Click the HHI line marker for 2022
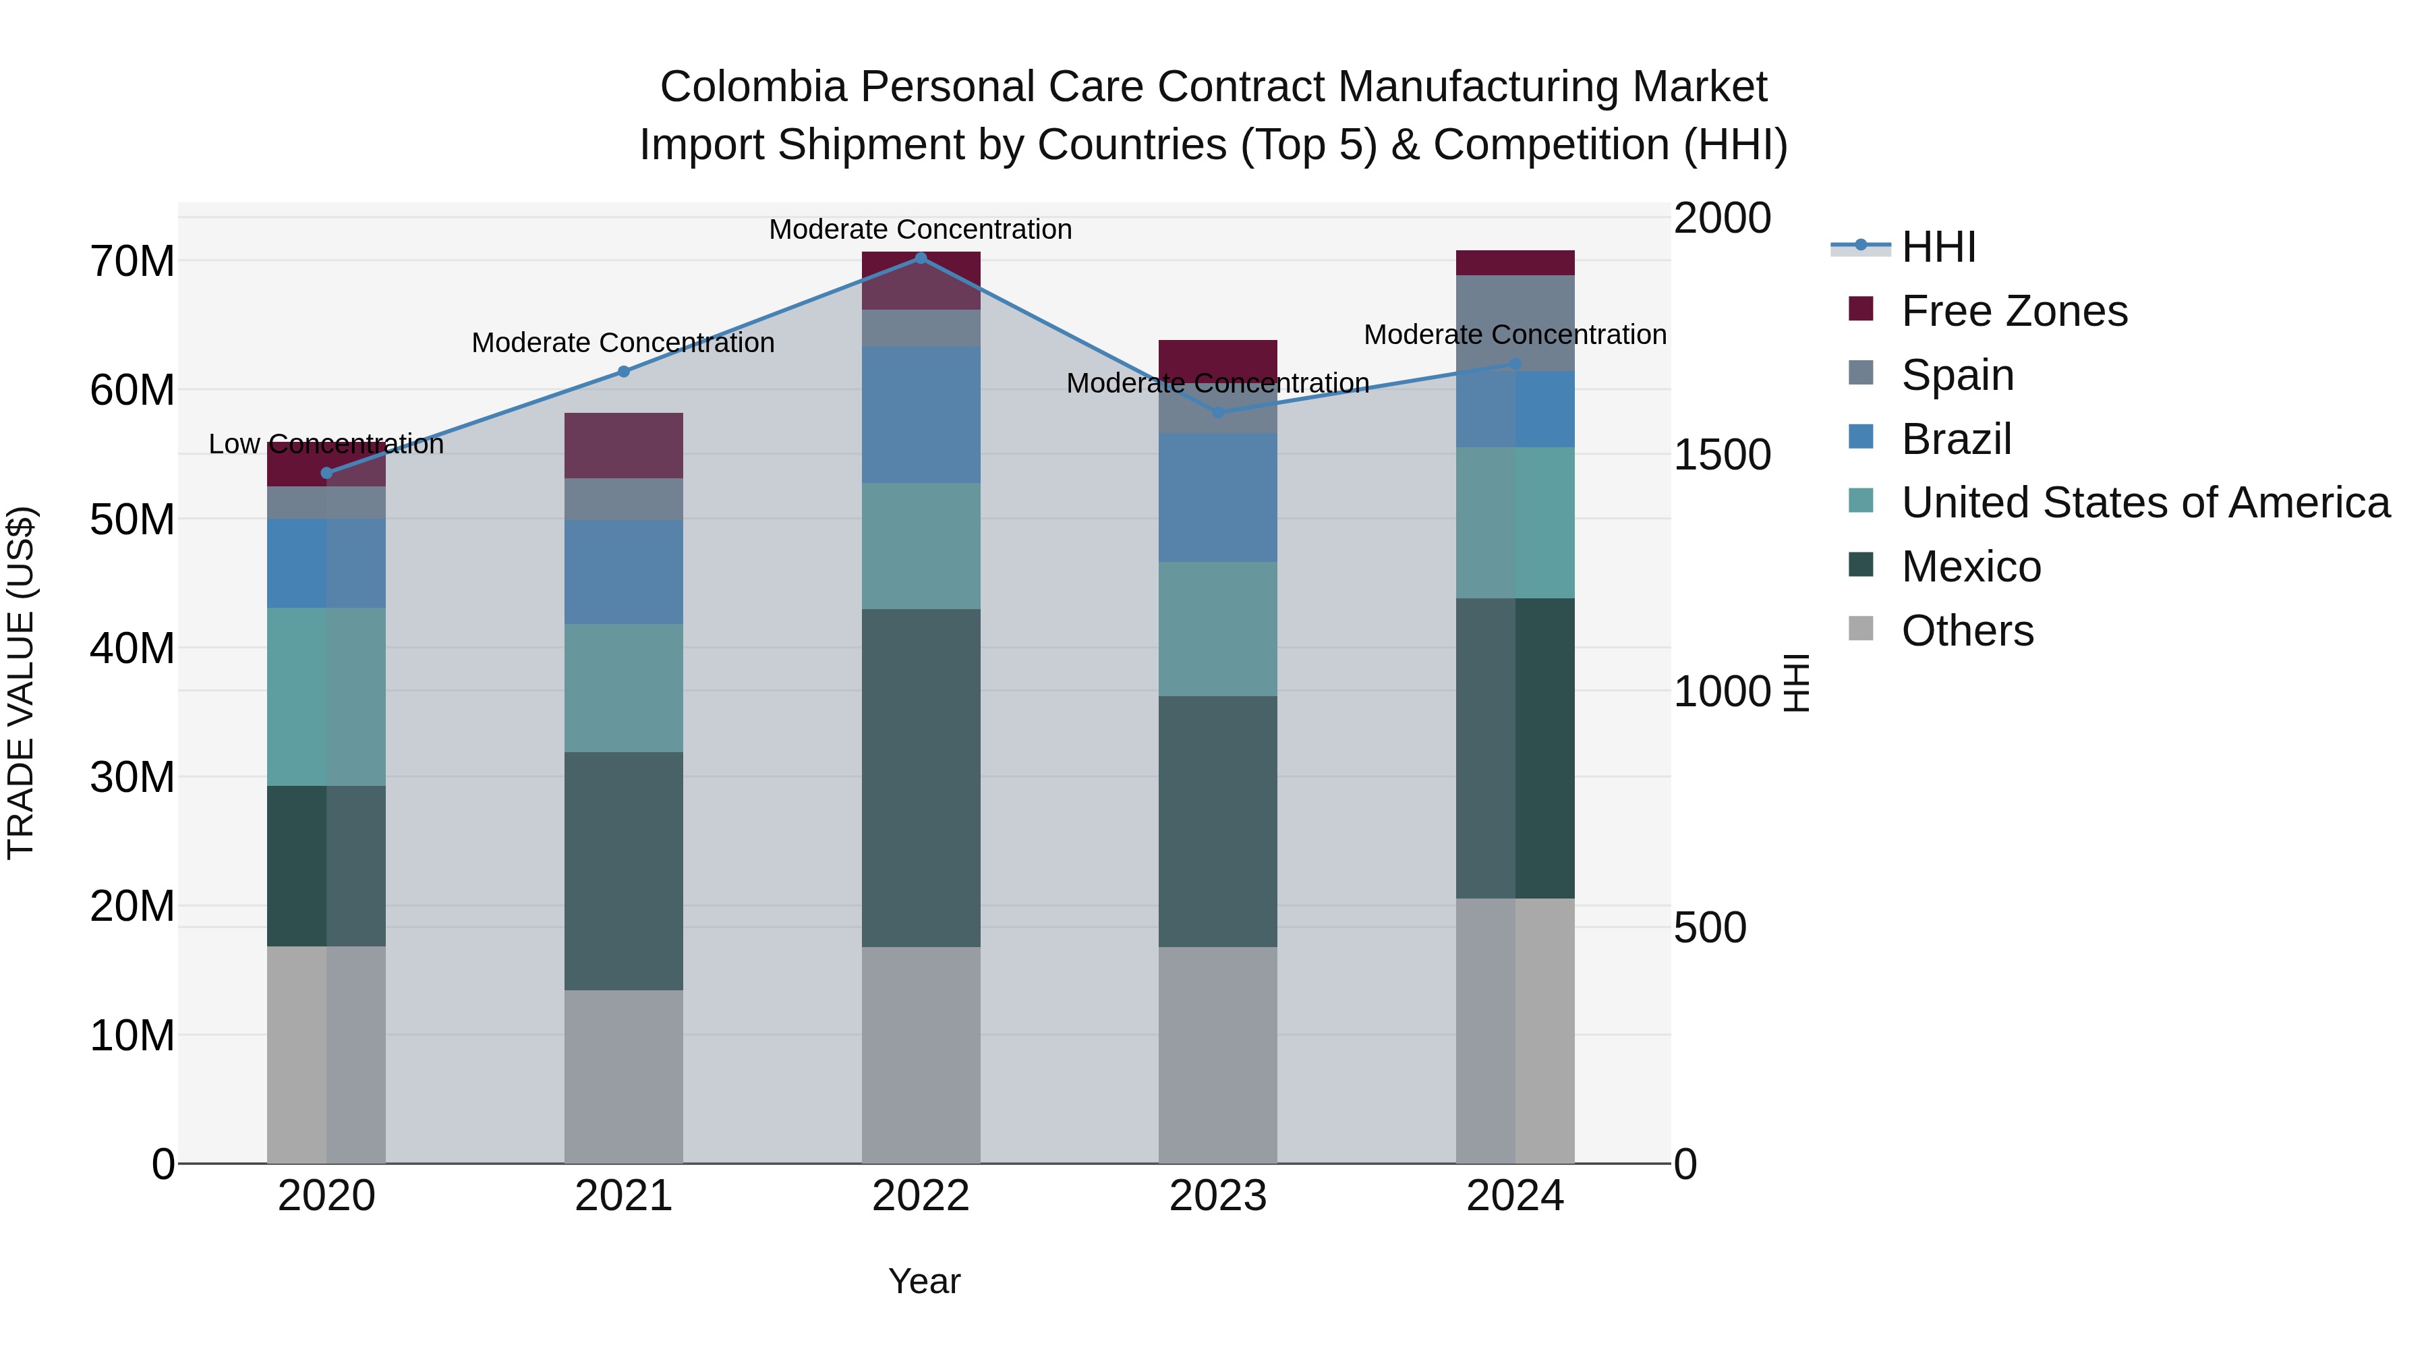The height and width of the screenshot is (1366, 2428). point(921,258)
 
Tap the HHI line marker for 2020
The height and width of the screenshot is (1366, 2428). point(326,474)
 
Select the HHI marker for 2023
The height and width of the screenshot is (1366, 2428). point(1218,412)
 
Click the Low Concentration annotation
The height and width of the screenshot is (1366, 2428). point(326,444)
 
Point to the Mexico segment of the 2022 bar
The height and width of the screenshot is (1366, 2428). point(921,778)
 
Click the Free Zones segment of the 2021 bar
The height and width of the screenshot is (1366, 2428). point(623,445)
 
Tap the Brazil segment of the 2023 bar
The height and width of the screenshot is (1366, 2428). point(1218,498)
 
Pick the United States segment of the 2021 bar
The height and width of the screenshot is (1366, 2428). point(623,687)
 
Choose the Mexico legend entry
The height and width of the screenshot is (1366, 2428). point(1970,567)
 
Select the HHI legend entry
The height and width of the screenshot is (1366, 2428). point(1938,247)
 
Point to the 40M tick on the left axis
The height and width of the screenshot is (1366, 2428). point(132,648)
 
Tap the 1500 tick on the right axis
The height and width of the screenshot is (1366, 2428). point(1722,455)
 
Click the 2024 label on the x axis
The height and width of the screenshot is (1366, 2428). point(1515,1196)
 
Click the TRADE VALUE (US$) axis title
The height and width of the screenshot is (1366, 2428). point(22,683)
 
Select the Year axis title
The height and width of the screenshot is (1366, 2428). point(924,1281)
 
